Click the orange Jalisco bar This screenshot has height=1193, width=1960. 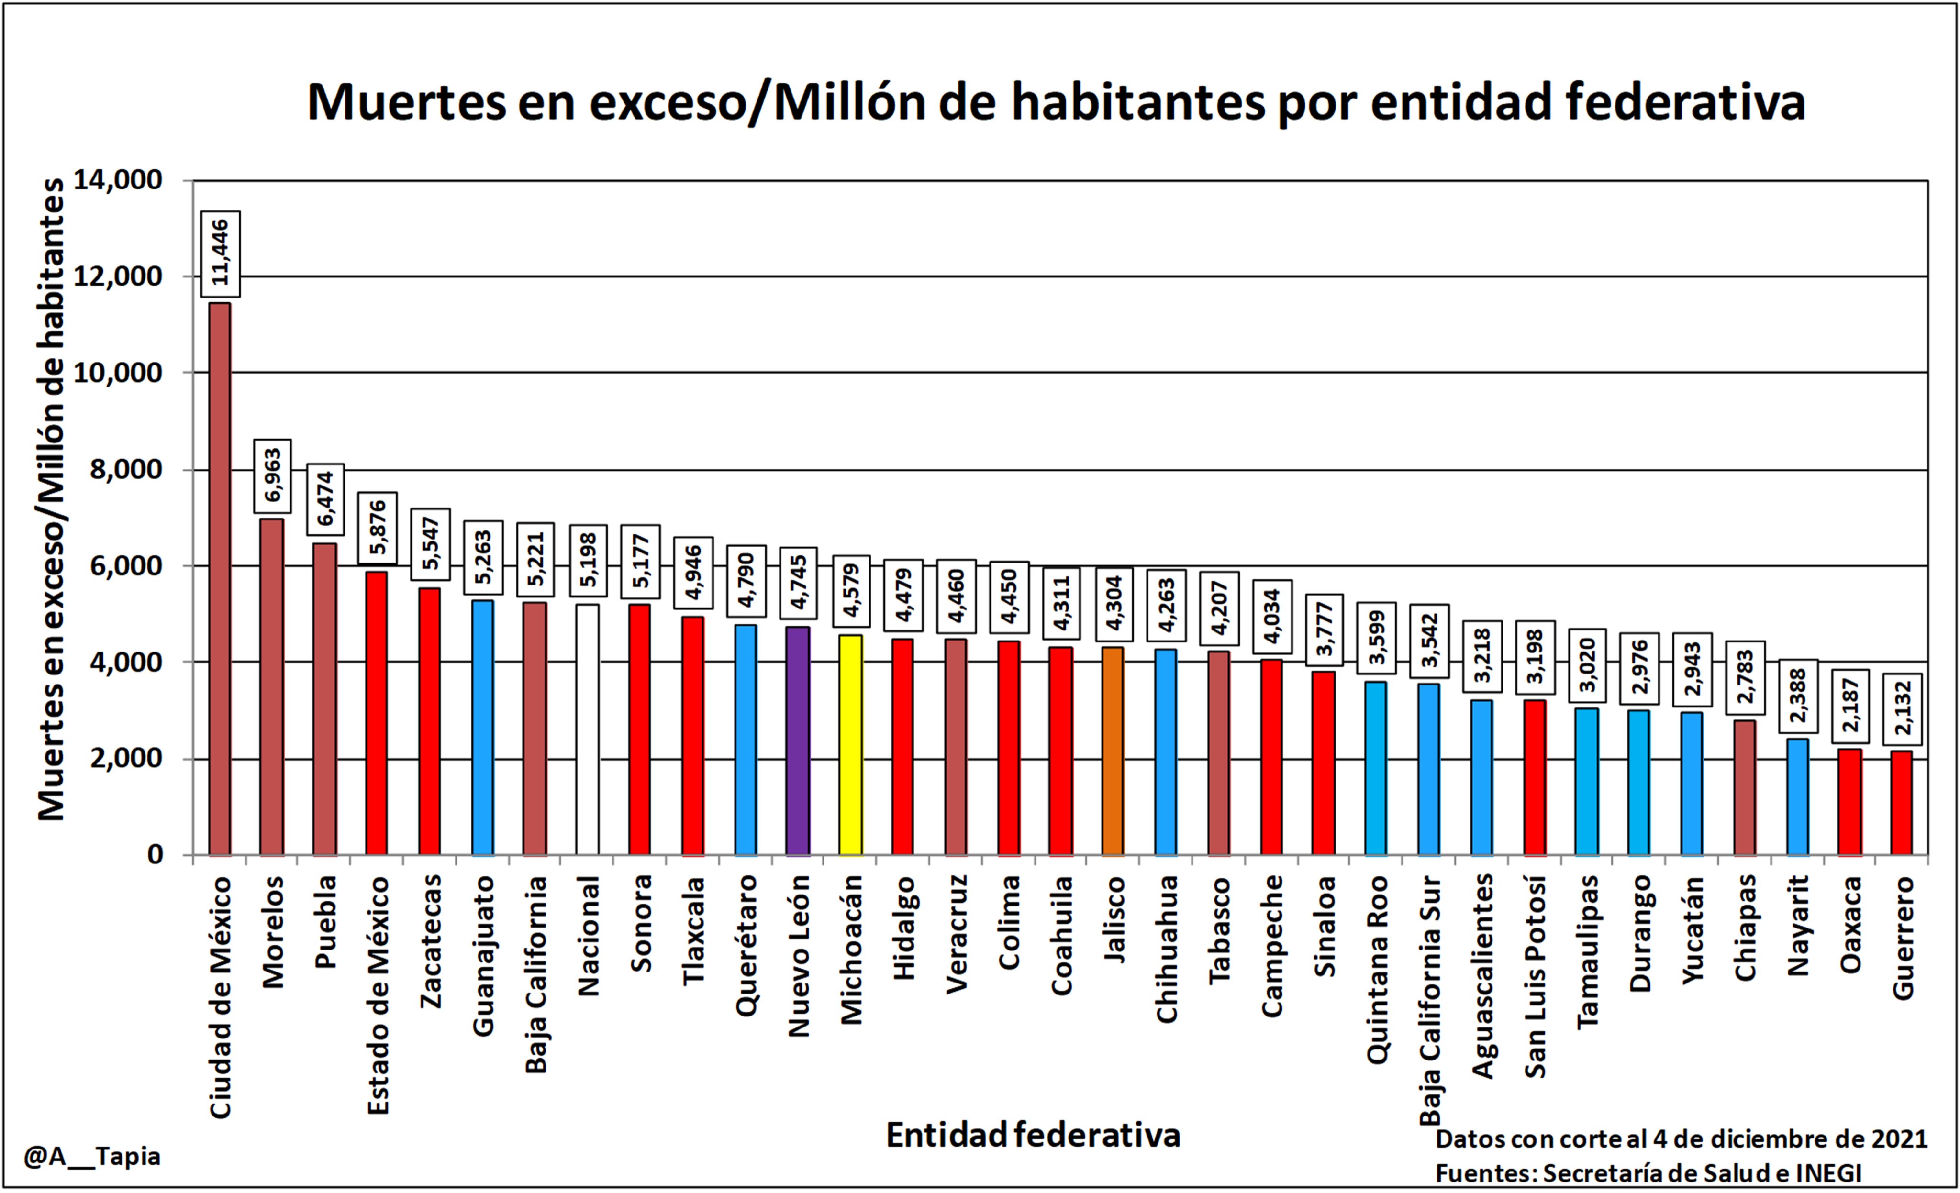1113,751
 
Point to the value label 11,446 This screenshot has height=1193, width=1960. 220,254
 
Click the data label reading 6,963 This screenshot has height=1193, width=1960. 273,475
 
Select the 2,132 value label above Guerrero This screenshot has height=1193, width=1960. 1902,708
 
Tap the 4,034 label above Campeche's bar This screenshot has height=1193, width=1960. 1272,617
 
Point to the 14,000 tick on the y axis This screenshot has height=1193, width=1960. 118,180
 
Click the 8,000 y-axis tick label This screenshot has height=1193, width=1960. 126,470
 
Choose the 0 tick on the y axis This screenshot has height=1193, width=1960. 155,855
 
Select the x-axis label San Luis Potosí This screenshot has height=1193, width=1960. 1535,977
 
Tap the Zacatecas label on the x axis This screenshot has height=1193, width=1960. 430,941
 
